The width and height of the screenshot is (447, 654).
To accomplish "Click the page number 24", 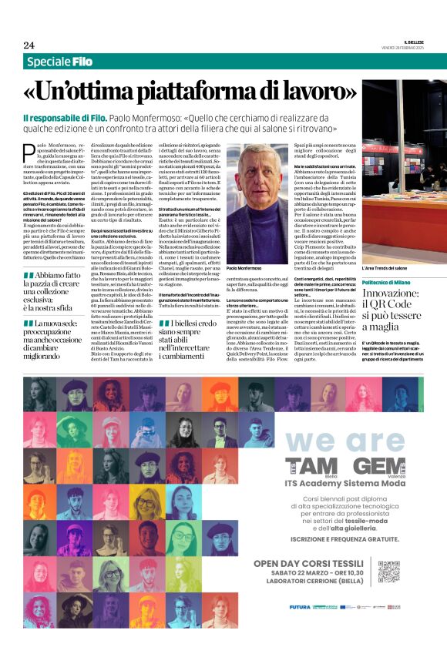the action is click(x=29, y=45).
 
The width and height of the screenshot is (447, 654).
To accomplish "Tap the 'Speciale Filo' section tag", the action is click(x=58, y=62).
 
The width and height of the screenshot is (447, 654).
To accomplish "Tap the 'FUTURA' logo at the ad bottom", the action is click(x=300, y=607).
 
